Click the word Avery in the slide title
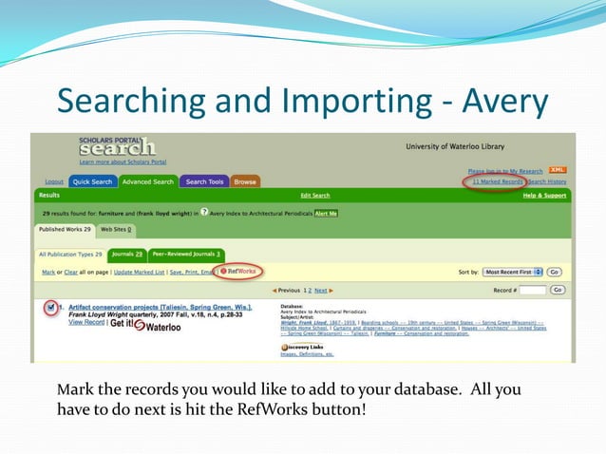coord(499,101)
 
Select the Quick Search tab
coord(93,181)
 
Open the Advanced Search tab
coord(147,181)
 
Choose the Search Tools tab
coord(204,181)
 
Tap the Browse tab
coord(245,181)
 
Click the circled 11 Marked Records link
coord(497,180)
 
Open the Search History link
coord(547,181)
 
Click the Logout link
coord(54,181)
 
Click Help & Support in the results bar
coord(543,195)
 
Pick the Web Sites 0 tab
coord(118,229)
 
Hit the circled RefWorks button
coord(239,272)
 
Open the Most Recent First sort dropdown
coord(513,272)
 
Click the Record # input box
coord(532,290)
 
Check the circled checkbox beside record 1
coord(51,308)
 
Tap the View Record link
coord(87,323)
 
